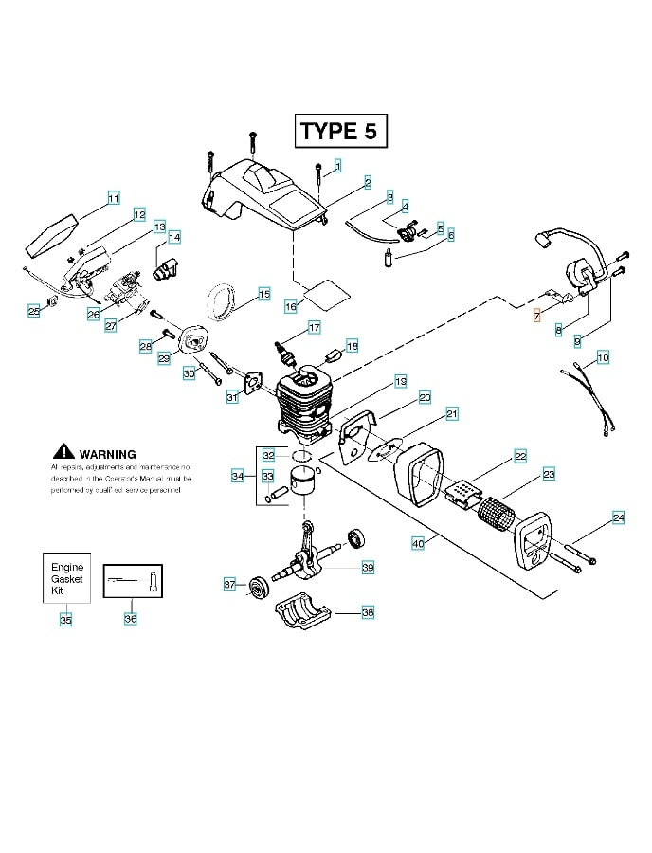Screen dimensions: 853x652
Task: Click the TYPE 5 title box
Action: click(341, 131)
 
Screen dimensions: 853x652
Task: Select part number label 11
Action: click(113, 198)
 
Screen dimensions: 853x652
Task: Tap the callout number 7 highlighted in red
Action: click(537, 316)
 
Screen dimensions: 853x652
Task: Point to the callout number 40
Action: click(417, 543)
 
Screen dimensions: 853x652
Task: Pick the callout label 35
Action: click(65, 620)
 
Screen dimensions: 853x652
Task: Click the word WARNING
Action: click(107, 454)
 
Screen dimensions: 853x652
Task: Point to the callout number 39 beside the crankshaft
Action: click(368, 567)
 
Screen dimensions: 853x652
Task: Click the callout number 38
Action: click(368, 612)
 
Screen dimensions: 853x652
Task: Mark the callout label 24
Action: click(618, 517)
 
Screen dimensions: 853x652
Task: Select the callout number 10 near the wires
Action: click(603, 357)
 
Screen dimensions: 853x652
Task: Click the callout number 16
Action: click(291, 305)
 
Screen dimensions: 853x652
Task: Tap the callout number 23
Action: click(549, 473)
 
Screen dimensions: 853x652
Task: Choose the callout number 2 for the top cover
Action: click(367, 180)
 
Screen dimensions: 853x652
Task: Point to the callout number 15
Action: click(263, 293)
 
